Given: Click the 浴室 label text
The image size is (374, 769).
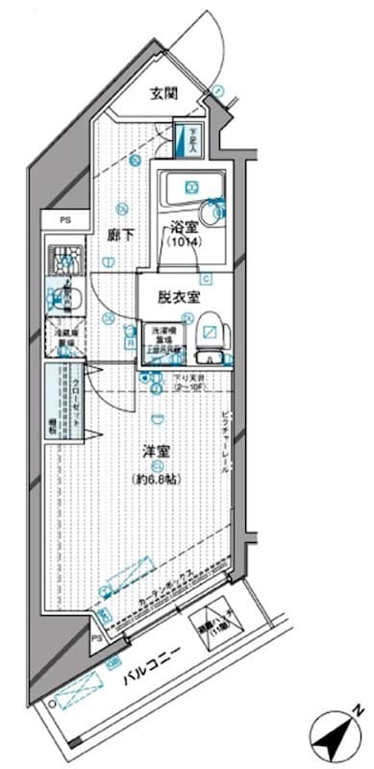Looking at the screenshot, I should (x=185, y=228).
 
